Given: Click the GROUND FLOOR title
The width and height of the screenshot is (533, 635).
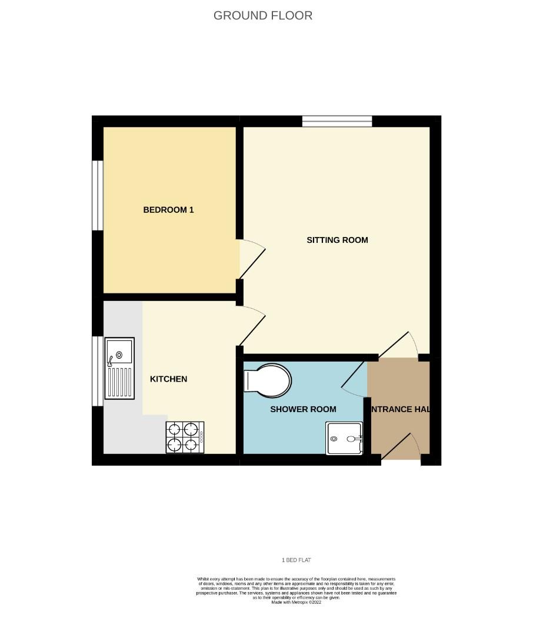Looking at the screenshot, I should coord(263,16).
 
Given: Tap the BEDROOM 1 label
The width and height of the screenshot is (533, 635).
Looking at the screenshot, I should coord(168,210).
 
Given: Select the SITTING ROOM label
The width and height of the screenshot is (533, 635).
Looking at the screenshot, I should coord(337,240).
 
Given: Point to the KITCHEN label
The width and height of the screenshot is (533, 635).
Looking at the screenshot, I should coord(168,379).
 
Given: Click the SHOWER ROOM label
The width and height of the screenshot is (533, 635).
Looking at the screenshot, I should coord(303,409).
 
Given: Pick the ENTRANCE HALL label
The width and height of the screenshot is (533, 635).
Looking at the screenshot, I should coord(399,409).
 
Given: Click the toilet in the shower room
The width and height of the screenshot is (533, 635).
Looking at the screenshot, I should coord(268,379).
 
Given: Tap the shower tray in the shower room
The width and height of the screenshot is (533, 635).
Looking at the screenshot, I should coord(345,439).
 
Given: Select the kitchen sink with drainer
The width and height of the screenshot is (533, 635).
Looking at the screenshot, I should coord(119,368).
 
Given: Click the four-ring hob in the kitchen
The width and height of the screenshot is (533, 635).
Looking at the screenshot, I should coord(185,437).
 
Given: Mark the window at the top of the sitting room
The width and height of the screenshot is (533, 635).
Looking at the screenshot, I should coord(337,121).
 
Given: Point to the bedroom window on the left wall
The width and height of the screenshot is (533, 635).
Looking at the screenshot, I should coord(98,195).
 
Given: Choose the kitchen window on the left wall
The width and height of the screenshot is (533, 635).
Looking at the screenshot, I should coord(98,371).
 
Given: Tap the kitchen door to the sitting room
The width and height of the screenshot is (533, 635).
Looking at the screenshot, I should coord(252,327).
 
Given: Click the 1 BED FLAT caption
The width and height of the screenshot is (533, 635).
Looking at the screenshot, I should coord(296,560).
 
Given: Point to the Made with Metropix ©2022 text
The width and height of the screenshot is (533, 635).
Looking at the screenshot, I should coord(296,602).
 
